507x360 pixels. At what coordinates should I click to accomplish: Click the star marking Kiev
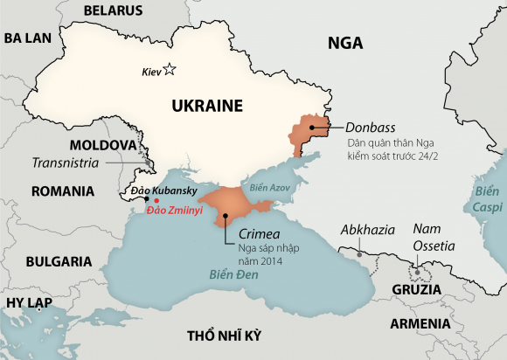170,70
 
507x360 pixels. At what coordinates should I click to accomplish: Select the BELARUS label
112,10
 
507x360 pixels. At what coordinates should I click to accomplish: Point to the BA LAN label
29,38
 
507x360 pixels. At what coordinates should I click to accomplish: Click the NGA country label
345,44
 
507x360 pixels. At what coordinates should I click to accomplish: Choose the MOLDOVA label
102,143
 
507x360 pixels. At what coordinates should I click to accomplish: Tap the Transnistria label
66,163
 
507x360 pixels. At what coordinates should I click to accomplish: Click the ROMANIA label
62,190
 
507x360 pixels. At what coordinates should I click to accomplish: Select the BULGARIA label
59,260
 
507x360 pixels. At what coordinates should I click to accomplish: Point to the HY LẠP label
29,302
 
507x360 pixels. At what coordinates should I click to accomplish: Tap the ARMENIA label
421,323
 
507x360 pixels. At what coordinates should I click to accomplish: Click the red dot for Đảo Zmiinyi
156,200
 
